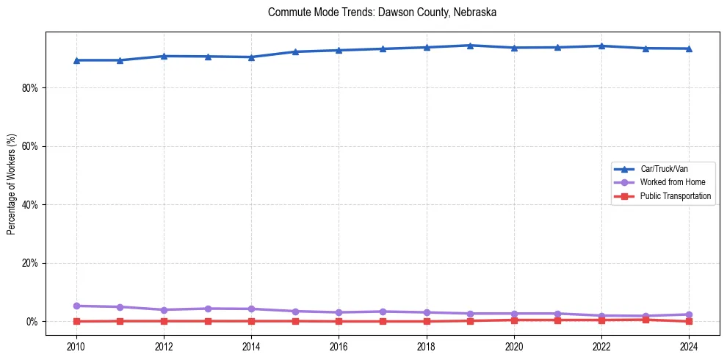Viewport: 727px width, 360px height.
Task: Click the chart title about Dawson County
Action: [382, 12]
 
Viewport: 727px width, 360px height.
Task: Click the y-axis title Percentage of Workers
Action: [11, 184]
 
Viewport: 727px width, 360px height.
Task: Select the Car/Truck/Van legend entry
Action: [664, 169]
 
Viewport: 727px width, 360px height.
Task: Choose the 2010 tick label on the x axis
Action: [76, 346]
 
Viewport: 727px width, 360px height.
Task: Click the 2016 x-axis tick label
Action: [339, 346]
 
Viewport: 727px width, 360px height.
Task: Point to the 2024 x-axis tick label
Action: [689, 346]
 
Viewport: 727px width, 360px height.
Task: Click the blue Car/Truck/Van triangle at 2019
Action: [470, 46]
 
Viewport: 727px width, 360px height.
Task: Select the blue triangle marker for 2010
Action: [76, 60]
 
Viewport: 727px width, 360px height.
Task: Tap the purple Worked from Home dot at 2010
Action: [76, 306]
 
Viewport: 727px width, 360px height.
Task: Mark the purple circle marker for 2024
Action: [689, 314]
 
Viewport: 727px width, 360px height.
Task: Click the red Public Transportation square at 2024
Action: [689, 321]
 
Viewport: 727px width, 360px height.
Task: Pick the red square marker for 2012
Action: [164, 321]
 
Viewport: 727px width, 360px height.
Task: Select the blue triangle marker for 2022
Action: [601, 46]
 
